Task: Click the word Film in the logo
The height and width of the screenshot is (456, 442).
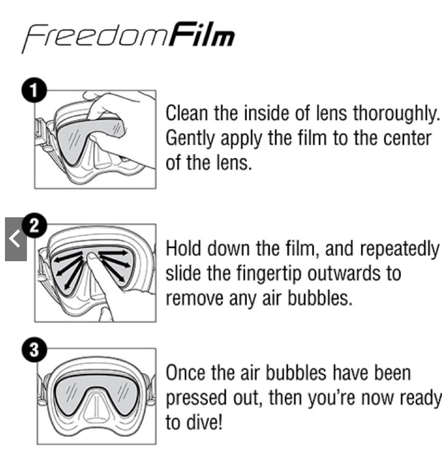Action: [x=202, y=35]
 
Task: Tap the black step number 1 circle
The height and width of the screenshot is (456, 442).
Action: [x=34, y=90]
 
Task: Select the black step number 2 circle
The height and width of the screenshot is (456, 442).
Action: [x=35, y=226]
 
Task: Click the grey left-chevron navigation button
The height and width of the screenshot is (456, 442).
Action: [x=16, y=239]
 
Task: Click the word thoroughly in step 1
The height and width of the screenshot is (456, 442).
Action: [x=396, y=114]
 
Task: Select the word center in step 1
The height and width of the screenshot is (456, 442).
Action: [x=407, y=138]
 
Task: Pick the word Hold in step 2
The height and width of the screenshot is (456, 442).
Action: [x=183, y=249]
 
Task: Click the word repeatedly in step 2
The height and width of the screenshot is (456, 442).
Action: [x=400, y=250]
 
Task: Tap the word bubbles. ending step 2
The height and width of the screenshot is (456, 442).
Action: [x=320, y=299]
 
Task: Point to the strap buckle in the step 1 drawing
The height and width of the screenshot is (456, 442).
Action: [x=40, y=128]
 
